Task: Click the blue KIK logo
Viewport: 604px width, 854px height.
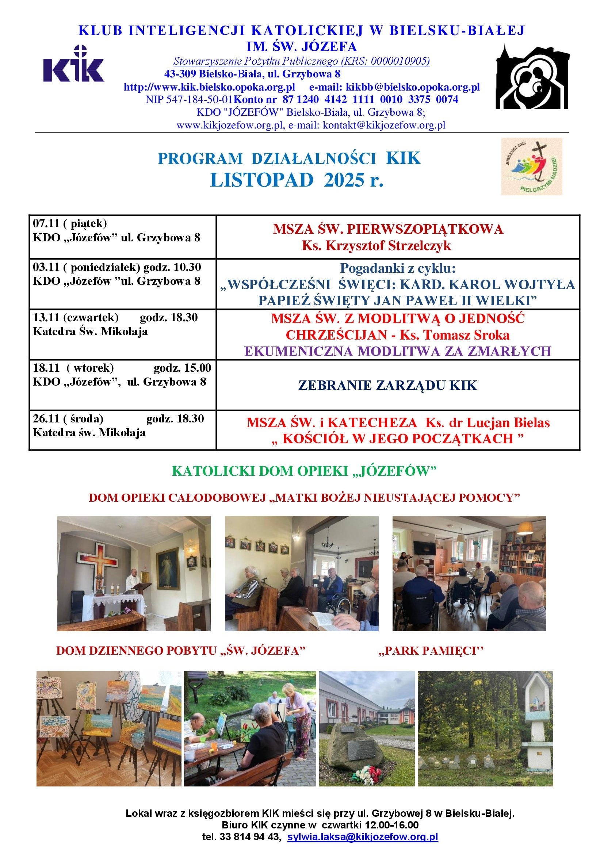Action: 74,66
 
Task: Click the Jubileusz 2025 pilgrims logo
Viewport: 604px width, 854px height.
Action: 531,166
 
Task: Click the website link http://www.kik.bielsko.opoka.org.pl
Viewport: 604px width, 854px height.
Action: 209,87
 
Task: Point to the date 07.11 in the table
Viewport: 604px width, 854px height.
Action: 46,223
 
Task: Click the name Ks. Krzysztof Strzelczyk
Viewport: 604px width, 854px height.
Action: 376,245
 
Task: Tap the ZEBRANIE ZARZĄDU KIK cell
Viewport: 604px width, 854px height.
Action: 387,385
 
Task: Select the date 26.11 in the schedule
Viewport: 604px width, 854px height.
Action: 46,419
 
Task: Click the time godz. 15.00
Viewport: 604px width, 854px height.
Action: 182,368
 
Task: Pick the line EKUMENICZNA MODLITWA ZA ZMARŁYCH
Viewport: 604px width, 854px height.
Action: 398,351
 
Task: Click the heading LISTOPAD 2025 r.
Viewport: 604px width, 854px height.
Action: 297,180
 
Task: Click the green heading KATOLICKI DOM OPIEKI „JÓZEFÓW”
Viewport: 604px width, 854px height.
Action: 303,471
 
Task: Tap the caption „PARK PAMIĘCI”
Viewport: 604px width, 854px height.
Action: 431,651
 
